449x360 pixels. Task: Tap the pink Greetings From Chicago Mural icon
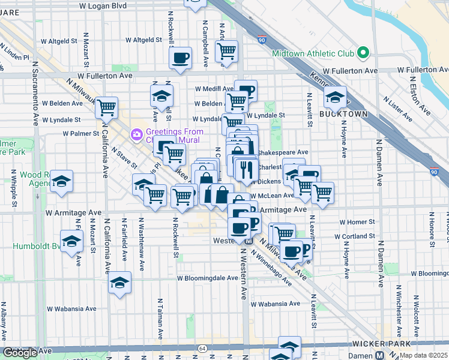click(137, 133)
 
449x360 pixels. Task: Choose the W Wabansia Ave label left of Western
click(71, 309)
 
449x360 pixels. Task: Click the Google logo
click(20, 353)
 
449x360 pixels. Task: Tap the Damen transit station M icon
click(379, 355)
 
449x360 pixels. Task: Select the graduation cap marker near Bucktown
click(334, 97)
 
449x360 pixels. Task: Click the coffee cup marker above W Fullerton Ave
click(180, 58)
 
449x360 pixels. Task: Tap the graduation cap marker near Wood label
click(61, 181)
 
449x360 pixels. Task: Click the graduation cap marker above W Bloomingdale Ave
click(119, 282)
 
